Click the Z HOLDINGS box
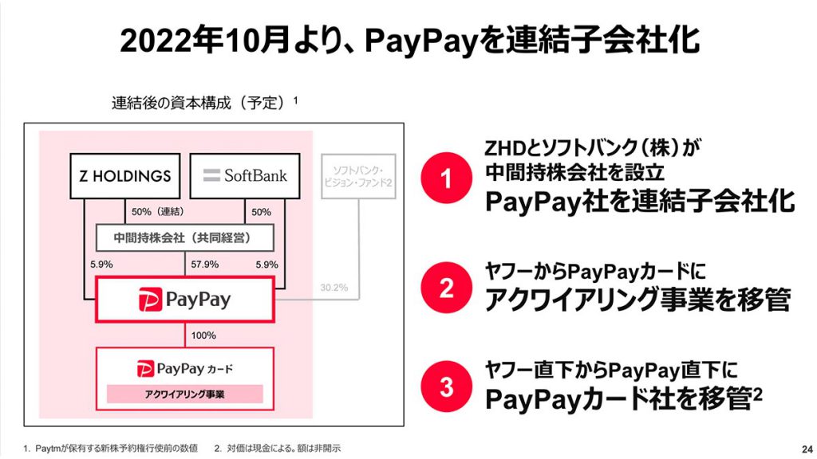pyautogui.click(x=125, y=176)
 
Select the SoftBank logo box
pyautogui.click(x=245, y=176)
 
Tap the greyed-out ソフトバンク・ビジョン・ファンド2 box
pyautogui.click(x=358, y=176)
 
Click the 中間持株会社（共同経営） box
pyautogui.click(x=185, y=237)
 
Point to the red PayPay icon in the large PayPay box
pyautogui.click(x=150, y=300)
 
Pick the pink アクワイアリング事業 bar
pyautogui.click(x=185, y=394)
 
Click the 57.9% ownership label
pyautogui.click(x=205, y=265)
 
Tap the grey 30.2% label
pyautogui.click(x=334, y=287)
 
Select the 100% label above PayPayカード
pyautogui.click(x=203, y=335)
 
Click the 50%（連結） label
pyautogui.click(x=157, y=212)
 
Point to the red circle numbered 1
pyautogui.click(x=446, y=178)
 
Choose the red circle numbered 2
pyautogui.click(x=446, y=287)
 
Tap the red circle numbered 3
pyautogui.click(x=446, y=386)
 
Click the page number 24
pyautogui.click(x=807, y=449)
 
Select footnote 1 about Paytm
pyautogui.click(x=110, y=448)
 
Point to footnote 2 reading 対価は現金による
pyautogui.click(x=277, y=448)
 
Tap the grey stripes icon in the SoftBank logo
pyautogui.click(x=211, y=175)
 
